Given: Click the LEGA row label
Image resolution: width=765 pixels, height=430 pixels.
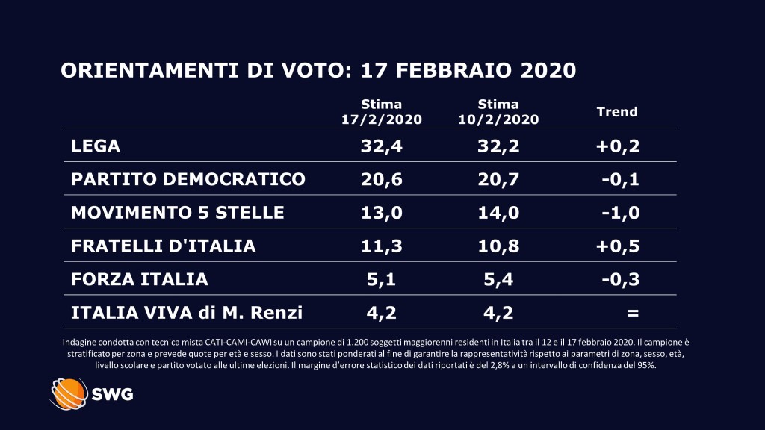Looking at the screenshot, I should click(x=96, y=146).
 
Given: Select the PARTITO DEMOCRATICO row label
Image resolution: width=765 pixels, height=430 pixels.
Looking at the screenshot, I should click(x=188, y=179).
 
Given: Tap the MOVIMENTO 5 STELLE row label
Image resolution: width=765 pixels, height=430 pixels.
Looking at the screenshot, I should click(x=178, y=213).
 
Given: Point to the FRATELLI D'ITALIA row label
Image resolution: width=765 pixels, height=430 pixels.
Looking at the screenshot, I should click(x=164, y=246).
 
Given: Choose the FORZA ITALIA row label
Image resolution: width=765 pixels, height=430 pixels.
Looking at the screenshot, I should click(x=140, y=279).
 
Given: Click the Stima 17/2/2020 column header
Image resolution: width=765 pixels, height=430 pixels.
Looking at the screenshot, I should click(x=381, y=111).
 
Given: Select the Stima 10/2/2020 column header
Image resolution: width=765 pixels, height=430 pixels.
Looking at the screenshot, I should click(x=498, y=111).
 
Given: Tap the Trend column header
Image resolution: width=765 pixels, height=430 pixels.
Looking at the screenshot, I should click(x=617, y=112).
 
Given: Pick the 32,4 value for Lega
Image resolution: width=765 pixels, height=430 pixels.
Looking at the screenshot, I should click(x=382, y=146).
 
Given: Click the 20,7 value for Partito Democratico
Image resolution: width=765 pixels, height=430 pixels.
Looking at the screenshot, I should click(x=498, y=179).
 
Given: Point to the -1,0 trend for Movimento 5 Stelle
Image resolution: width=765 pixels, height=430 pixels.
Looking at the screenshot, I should click(x=620, y=213).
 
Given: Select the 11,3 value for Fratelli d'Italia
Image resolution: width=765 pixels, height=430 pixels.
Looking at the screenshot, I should click(x=382, y=246).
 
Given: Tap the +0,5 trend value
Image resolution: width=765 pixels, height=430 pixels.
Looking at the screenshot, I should click(x=618, y=246).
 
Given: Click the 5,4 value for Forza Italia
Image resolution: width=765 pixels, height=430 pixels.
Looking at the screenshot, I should click(x=498, y=279).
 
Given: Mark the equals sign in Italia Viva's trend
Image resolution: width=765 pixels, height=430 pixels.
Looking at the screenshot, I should click(x=632, y=313).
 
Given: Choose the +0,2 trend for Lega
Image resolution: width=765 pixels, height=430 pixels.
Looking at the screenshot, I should click(x=618, y=146).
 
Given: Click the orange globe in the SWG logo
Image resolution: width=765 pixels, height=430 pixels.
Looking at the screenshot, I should click(x=69, y=393).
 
